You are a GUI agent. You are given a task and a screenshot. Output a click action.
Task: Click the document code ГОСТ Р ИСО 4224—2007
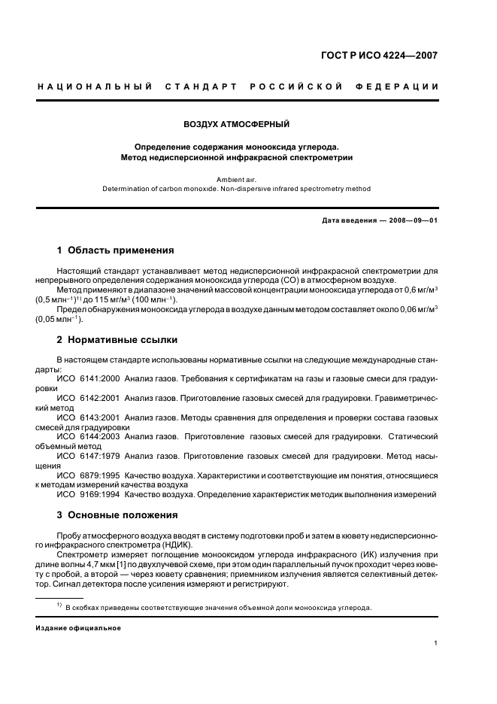[379, 55]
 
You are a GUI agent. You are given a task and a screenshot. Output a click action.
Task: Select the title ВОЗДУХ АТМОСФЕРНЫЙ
[236, 124]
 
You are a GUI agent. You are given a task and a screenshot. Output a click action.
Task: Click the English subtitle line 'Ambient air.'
[236, 180]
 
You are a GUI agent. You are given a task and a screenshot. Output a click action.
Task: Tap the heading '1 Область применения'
[116, 250]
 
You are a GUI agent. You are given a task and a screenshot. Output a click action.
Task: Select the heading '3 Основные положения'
[117, 515]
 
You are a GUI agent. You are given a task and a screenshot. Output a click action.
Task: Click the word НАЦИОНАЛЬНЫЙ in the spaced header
[95, 86]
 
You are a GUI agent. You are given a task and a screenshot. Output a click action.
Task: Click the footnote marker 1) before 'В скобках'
[59, 605]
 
